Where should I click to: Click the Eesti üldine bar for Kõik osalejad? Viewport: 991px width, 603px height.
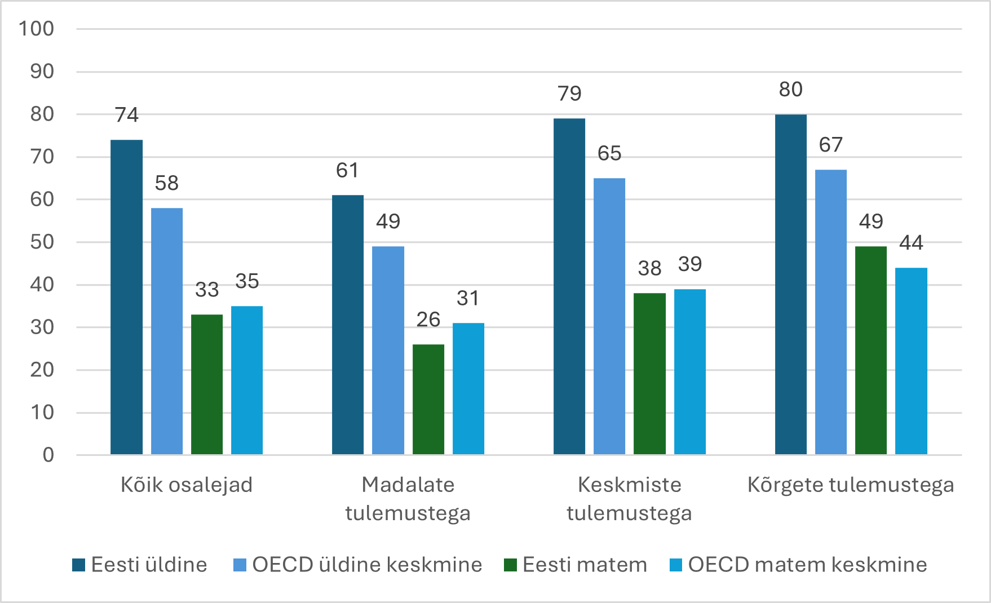[126, 297]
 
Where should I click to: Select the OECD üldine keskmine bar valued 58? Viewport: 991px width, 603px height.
[167, 331]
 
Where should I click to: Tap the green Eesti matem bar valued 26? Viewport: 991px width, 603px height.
[428, 399]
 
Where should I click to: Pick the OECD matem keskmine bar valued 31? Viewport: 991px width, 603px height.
[468, 388]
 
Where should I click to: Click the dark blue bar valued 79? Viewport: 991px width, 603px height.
[569, 286]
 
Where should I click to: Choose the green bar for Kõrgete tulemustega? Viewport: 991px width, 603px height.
[871, 350]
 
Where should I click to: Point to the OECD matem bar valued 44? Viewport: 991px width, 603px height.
[911, 361]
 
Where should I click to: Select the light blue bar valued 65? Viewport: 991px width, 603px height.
[609, 316]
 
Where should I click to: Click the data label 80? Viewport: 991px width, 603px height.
[791, 90]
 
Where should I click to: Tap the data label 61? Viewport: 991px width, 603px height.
[347, 171]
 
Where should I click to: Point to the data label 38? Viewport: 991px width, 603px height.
[649, 268]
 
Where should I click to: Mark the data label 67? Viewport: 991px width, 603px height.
[831, 145]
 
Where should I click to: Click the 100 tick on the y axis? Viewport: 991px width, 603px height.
[37, 29]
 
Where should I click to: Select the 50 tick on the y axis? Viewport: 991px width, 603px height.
[42, 242]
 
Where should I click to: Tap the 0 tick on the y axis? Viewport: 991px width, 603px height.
[48, 455]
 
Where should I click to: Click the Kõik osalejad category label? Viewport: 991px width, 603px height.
[187, 485]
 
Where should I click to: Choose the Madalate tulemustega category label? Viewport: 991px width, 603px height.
[408, 499]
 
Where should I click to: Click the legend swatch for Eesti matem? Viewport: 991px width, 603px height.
[510, 565]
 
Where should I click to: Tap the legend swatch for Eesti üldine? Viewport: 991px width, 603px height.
[79, 565]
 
